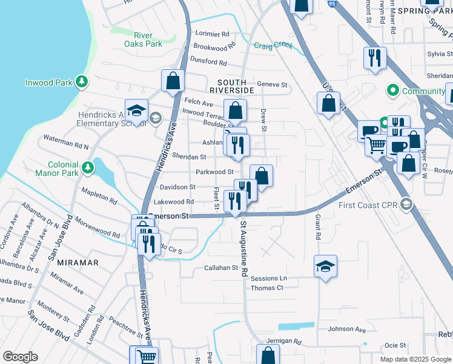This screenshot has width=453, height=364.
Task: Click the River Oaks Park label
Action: click(143, 39)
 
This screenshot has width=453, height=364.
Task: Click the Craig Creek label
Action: click(273, 45)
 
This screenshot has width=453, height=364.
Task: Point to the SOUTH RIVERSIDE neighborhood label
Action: click(231, 86)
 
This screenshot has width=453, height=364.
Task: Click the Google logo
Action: click(20, 357)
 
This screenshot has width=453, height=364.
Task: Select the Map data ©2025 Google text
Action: click(415, 359)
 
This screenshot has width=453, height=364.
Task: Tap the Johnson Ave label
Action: click(347, 329)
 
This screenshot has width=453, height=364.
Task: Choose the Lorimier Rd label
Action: click(211, 34)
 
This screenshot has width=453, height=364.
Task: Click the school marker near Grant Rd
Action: click(325, 266)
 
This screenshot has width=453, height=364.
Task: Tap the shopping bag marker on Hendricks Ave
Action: click(173, 80)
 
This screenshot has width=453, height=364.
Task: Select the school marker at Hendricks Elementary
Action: click(137, 110)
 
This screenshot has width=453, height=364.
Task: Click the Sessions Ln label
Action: click(268, 278)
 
